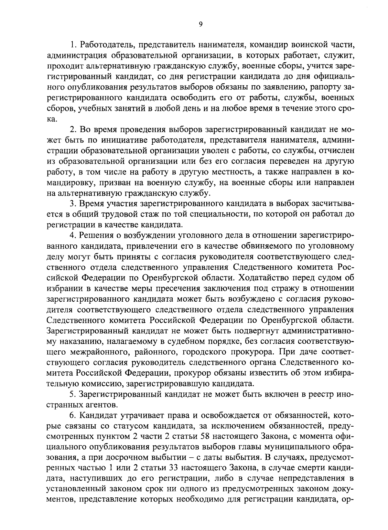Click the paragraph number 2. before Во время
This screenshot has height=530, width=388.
pos(73,130)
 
